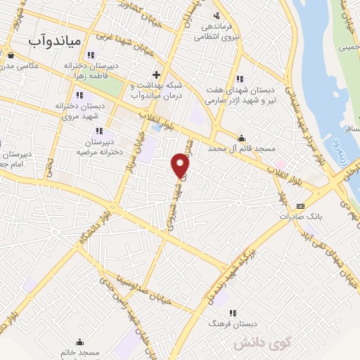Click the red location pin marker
tap(181, 165)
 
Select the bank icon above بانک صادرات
tap(301, 206)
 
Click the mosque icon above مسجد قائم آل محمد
tap(242, 138)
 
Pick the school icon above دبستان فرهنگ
tap(233, 313)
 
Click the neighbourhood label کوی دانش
tap(300, 345)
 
